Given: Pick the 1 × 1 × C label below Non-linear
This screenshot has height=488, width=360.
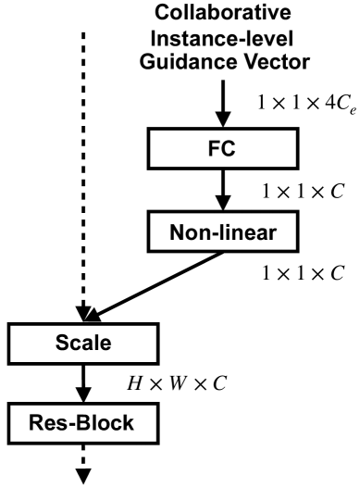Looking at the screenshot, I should coord(295,274).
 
